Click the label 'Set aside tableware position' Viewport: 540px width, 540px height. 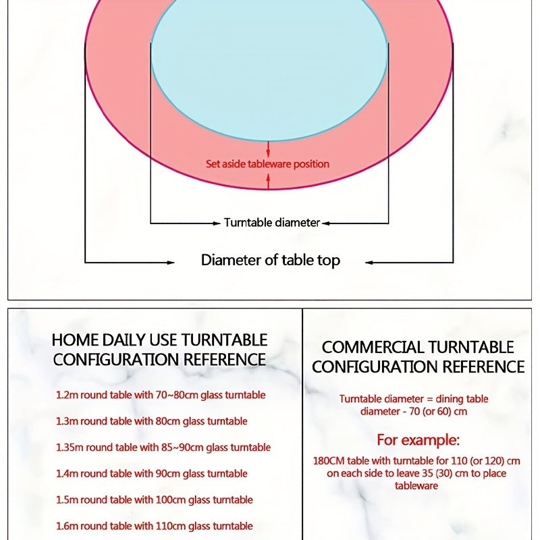(268, 164)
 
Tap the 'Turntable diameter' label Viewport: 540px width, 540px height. (271, 223)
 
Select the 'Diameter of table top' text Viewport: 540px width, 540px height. (271, 261)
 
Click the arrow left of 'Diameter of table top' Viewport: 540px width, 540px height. (168, 261)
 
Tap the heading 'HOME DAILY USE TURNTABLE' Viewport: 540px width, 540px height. (160, 340)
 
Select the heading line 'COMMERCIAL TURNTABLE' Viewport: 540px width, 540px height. (418, 348)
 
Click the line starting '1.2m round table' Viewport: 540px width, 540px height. (161, 395)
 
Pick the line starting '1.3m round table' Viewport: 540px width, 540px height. (152, 421)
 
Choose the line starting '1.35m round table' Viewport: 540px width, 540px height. (163, 448)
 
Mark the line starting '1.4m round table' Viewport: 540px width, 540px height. (152, 474)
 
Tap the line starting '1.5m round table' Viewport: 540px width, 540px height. (155, 500)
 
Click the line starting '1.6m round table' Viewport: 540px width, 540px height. (155, 526)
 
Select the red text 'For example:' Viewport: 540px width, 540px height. (418, 441)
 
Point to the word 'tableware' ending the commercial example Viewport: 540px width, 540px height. (416, 486)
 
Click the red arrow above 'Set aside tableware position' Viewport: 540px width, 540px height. (269, 148)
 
